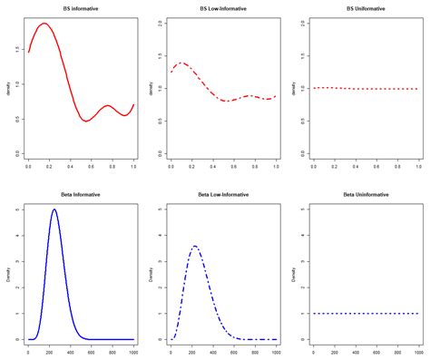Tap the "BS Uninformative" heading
[x=366, y=6]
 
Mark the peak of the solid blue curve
[x=54, y=209]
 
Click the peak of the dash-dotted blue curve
[x=194, y=246]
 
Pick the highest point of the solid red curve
[x=44, y=24]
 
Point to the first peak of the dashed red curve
[x=182, y=63]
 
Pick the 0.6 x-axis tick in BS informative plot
[x=92, y=164]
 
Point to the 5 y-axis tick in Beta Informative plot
[x=17, y=209]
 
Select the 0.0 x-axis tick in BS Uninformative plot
[x=313, y=164]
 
